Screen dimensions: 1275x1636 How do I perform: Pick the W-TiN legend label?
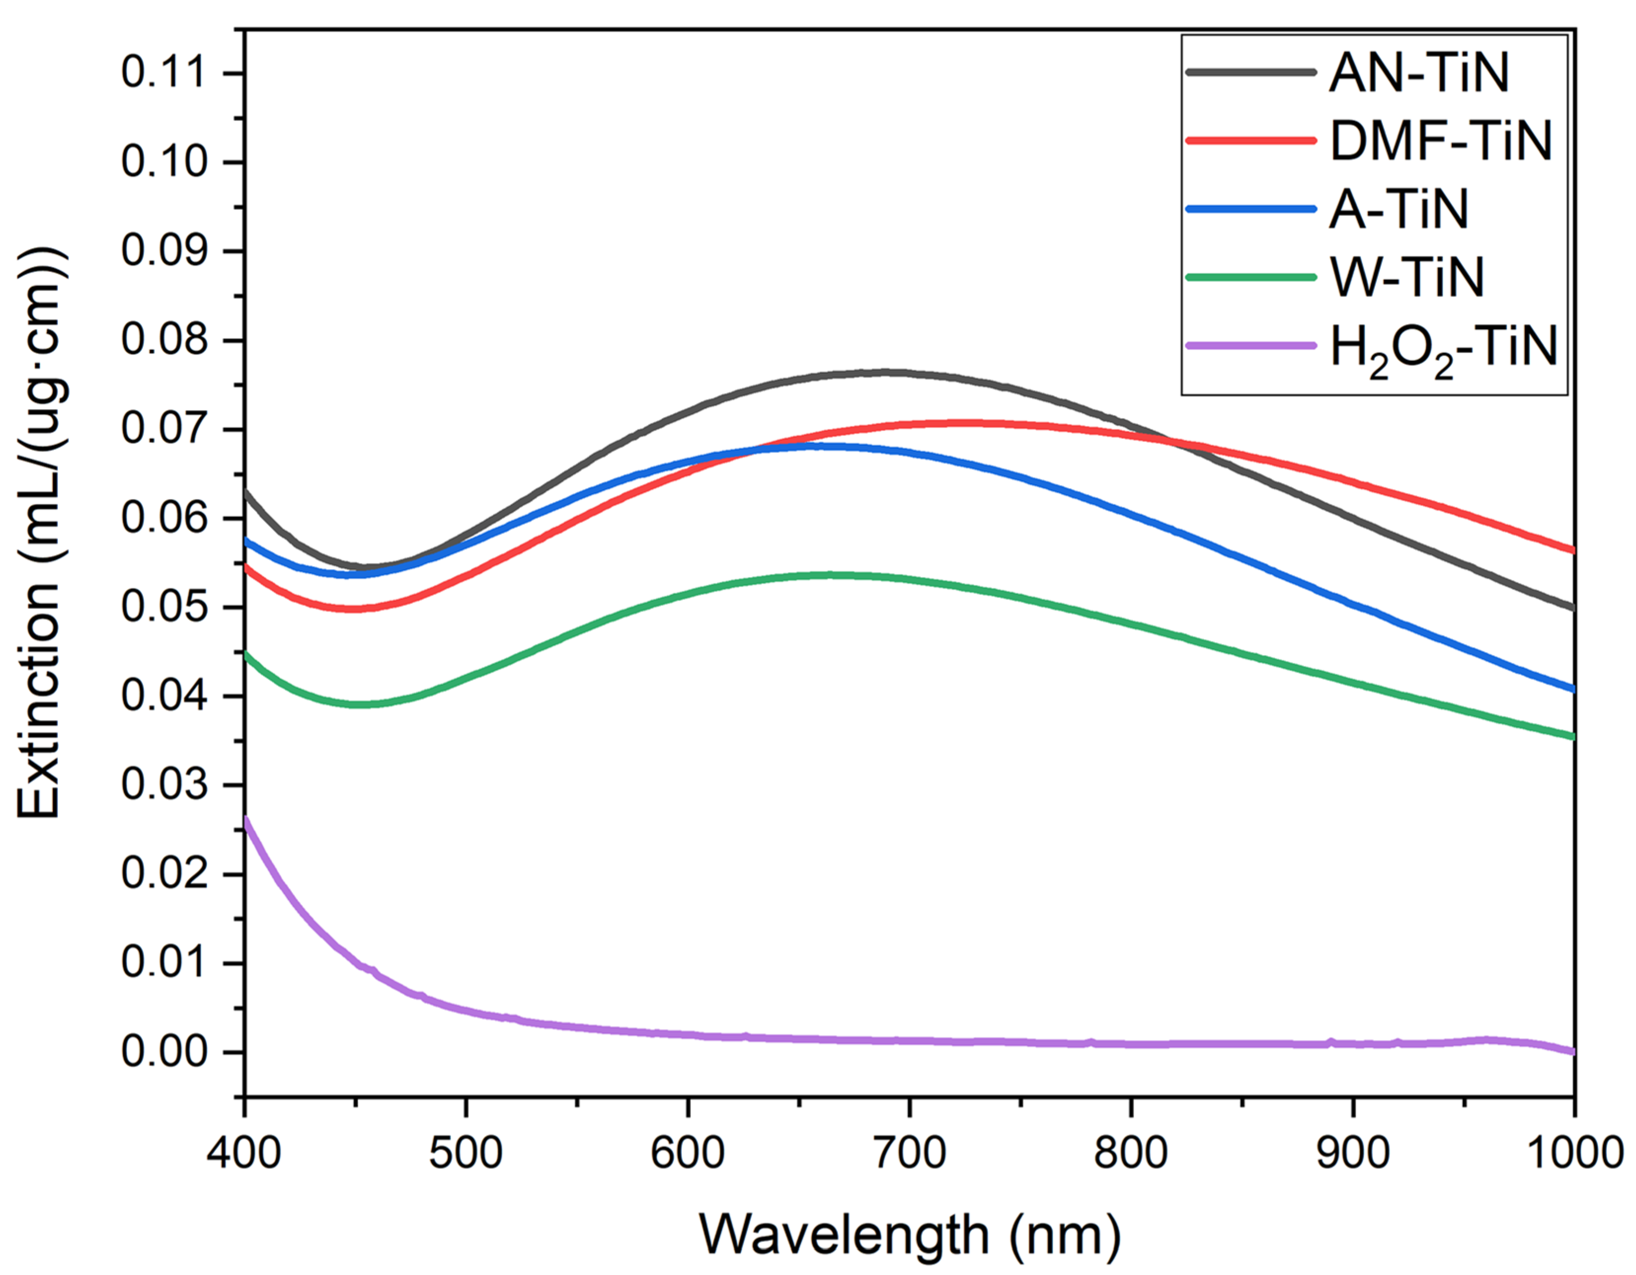click(1406, 277)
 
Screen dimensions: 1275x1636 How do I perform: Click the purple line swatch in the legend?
click(1251, 346)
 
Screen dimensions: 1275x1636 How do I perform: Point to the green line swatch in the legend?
click(1251, 277)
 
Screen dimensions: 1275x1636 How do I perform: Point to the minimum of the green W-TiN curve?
click(360, 704)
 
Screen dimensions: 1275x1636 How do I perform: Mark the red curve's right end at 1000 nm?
click(1572, 550)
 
